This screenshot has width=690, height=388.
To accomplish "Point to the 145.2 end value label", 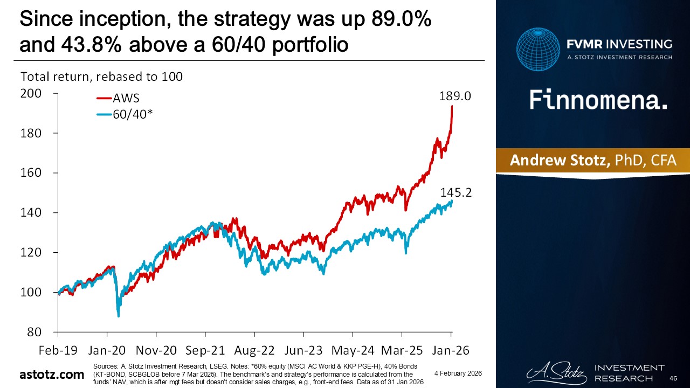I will coord(457,192).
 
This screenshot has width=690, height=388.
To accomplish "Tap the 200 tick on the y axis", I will coord(31,94).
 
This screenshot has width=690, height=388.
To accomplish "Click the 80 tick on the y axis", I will coord(34,332).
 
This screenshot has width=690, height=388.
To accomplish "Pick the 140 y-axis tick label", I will coord(31,213).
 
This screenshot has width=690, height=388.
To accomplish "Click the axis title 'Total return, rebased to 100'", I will coord(101,77).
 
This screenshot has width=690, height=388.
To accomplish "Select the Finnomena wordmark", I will coord(598,100).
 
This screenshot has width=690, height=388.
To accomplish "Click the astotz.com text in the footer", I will coord(49,374).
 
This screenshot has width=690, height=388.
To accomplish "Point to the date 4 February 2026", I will coord(458,373).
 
